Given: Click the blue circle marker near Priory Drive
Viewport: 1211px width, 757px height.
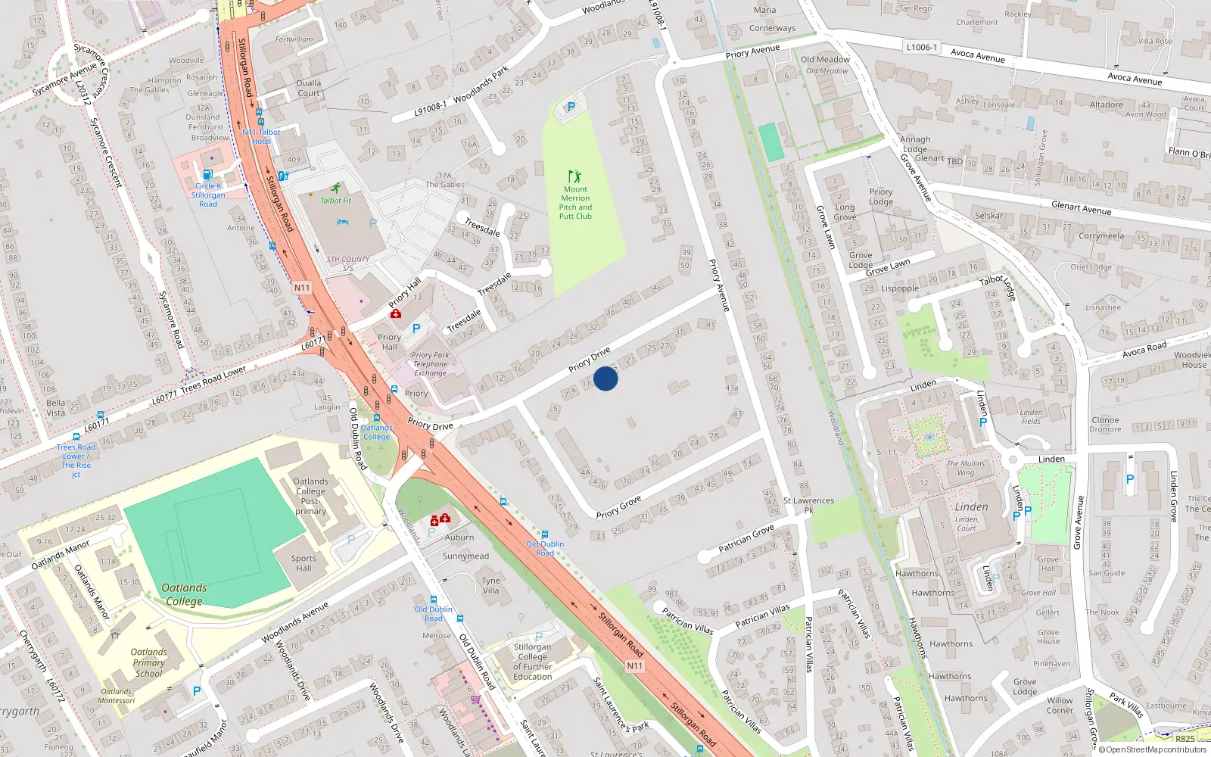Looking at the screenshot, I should [605, 378].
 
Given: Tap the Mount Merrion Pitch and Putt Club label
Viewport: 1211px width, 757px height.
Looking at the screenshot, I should [575, 203].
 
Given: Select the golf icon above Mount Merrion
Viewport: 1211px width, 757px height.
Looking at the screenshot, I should [575, 176].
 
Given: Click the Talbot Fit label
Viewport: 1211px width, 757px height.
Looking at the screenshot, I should [335, 201].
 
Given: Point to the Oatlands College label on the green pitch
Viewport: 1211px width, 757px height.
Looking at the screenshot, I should [184, 594].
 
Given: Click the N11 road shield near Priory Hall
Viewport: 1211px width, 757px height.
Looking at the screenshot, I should [302, 288].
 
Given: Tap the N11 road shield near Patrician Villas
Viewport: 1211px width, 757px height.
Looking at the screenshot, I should [635, 666].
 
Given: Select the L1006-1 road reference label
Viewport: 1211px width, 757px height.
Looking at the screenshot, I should [921, 47].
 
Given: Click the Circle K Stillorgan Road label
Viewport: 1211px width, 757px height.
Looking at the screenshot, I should [208, 195].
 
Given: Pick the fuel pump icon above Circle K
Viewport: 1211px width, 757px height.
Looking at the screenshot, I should [208, 175].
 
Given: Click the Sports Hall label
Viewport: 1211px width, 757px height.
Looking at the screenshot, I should [304, 563].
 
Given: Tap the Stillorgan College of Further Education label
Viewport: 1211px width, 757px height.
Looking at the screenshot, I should [533, 662].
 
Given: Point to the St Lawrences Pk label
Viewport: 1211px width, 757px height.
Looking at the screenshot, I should [808, 505].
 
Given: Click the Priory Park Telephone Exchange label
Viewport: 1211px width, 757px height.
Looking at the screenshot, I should [430, 364].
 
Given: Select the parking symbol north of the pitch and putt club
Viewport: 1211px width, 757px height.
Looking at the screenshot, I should [571, 107].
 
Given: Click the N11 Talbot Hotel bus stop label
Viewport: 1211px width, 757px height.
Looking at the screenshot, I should [261, 136].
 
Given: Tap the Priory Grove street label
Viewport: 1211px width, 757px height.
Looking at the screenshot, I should [618, 507].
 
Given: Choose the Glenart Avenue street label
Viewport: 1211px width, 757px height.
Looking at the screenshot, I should [1081, 207].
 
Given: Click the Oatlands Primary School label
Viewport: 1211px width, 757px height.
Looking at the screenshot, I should [149, 662].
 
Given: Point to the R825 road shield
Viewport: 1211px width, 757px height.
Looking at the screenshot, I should [1185, 739].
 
